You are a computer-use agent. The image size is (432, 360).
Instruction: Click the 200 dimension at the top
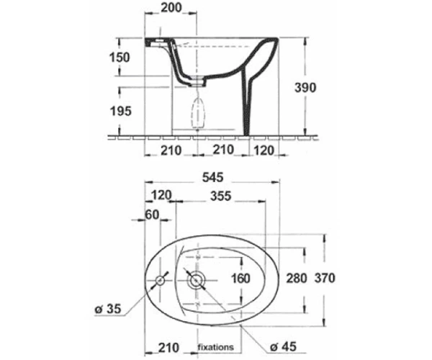coord(171,7)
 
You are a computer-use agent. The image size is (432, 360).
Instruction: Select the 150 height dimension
coord(120,58)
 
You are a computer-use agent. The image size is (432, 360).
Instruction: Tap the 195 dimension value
coord(121,112)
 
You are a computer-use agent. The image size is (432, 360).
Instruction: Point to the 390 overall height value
coord(305,88)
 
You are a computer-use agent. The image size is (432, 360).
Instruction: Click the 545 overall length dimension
coord(212,177)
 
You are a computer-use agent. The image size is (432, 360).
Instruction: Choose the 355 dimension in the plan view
coord(221,196)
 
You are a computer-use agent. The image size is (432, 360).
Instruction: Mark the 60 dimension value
coord(152,215)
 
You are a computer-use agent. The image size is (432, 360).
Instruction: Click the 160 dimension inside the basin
coord(240,279)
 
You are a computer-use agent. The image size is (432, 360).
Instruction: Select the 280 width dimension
coord(296,278)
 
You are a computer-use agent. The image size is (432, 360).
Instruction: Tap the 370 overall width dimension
coord(325,278)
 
